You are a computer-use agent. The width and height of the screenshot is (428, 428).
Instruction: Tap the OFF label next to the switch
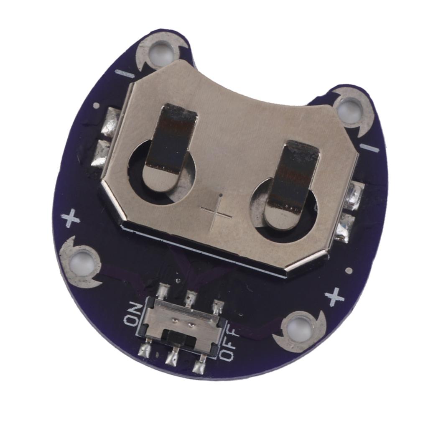[229, 343]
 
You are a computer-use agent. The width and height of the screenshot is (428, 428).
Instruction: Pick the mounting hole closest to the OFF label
[299, 328]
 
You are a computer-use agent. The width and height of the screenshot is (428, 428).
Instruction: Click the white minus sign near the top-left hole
[125, 74]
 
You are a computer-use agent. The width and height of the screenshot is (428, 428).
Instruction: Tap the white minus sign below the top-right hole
[369, 148]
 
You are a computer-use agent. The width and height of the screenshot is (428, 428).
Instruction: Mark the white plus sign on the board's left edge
[70, 218]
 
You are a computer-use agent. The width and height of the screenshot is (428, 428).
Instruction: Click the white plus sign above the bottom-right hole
[334, 297]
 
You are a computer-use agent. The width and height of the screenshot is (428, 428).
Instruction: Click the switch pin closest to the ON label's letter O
[145, 350]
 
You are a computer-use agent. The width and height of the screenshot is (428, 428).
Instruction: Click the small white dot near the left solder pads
[96, 105]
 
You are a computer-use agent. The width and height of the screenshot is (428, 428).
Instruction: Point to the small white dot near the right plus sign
[349, 270]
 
